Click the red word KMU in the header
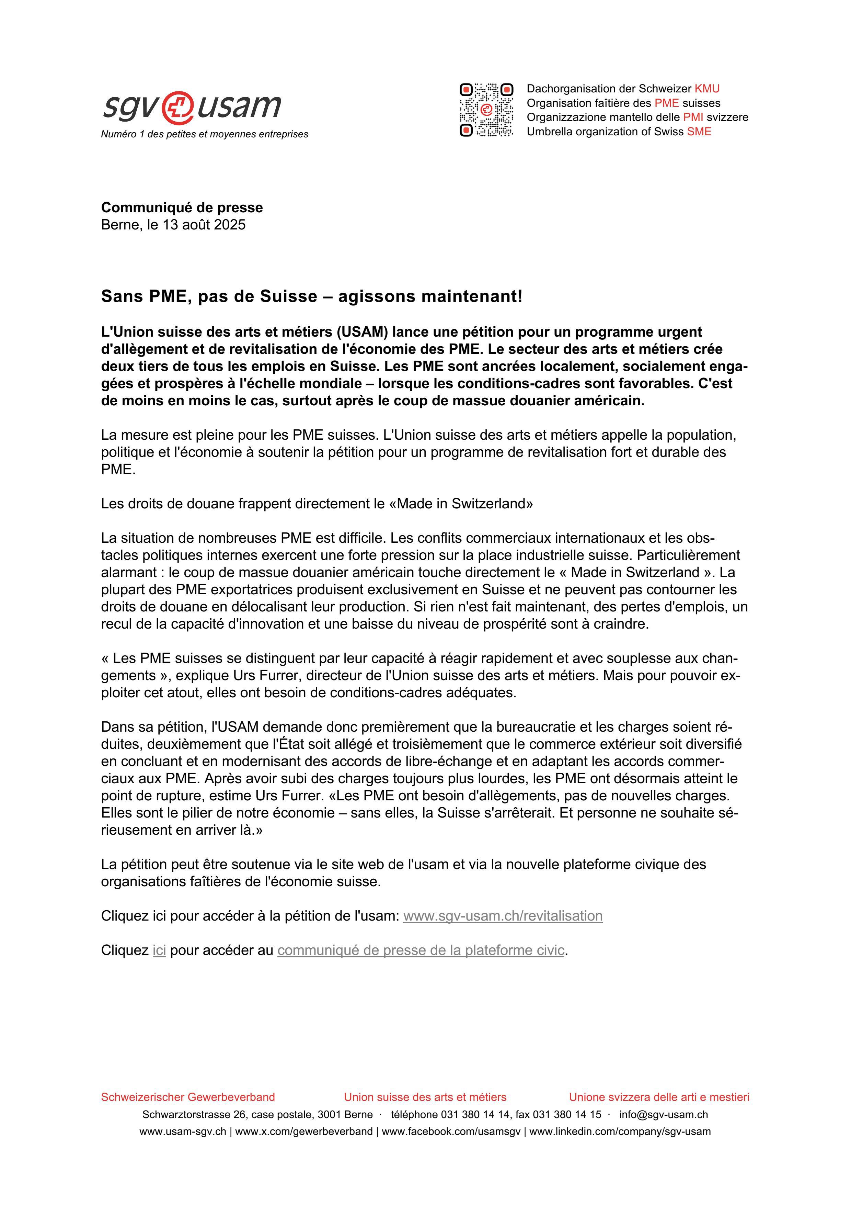[707, 89]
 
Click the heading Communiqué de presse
[182, 207]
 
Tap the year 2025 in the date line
[229, 225]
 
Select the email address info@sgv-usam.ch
[663, 1114]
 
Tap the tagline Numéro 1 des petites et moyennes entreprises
[205, 134]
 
